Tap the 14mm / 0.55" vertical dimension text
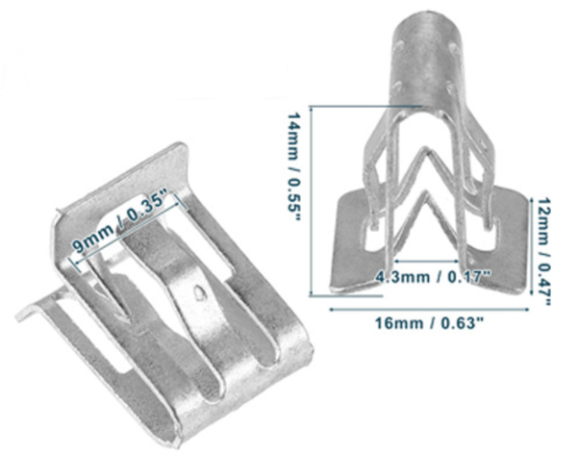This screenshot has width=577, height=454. [294, 166]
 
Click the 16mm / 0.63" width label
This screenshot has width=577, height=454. [429, 323]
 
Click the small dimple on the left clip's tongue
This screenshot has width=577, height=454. [199, 292]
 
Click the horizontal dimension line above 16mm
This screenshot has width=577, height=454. [429, 310]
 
